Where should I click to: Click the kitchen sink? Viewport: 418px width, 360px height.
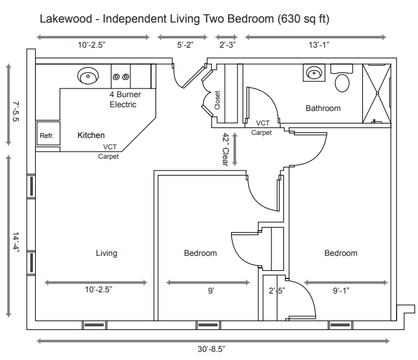click(x=88, y=75)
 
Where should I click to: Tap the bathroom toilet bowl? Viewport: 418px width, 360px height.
click(x=342, y=83)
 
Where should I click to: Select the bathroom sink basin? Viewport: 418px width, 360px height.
click(x=314, y=73)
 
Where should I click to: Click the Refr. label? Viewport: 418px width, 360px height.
click(x=46, y=135)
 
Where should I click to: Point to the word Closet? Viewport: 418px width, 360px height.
click(x=217, y=100)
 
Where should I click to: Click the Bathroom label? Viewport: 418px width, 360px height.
click(x=323, y=108)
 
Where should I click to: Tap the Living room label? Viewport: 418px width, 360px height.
click(x=107, y=253)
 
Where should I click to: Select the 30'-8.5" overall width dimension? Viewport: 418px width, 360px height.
click(x=211, y=349)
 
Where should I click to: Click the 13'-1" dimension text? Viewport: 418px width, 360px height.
click(x=319, y=45)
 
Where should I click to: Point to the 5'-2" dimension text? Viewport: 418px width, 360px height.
click(x=185, y=45)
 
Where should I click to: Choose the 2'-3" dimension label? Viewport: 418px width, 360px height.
click(x=227, y=45)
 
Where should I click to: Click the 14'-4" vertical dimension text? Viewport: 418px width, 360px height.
click(x=16, y=242)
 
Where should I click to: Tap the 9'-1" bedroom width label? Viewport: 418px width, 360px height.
click(x=341, y=290)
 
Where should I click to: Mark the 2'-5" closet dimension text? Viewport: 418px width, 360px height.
click(x=277, y=290)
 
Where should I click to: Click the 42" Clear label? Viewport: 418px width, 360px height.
click(x=226, y=150)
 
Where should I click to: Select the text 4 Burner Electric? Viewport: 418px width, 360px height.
click(x=125, y=99)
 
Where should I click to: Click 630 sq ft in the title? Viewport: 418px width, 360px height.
click(x=303, y=19)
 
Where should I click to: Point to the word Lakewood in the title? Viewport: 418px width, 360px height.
click(x=66, y=19)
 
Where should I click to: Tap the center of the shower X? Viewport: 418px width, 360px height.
click(x=377, y=93)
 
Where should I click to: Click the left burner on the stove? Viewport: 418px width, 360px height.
click(x=116, y=77)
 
